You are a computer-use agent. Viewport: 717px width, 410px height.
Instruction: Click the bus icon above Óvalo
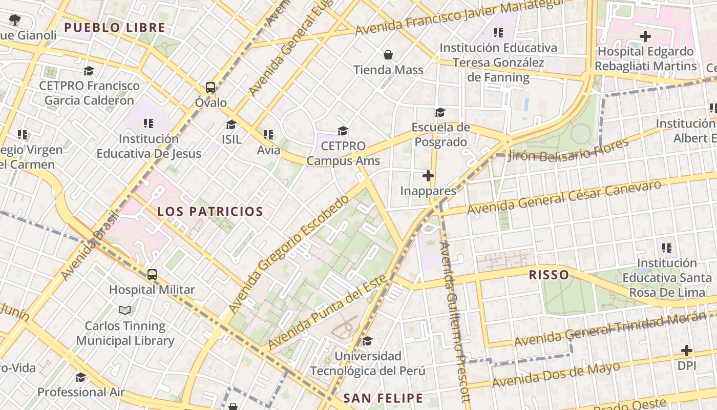[x=210, y=87]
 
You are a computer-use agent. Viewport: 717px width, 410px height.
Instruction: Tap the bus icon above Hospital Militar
[x=152, y=275]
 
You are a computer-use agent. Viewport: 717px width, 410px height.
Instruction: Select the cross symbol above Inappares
[x=428, y=176]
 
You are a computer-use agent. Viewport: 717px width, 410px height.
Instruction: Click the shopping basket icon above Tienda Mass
[x=388, y=55]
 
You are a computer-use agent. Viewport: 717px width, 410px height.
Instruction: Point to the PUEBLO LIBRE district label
[x=115, y=28]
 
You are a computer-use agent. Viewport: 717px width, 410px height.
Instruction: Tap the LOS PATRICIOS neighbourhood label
[x=210, y=211]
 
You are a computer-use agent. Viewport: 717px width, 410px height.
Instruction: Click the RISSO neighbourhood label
[x=549, y=275]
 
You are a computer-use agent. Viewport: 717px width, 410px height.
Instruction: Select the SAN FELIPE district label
[x=383, y=398]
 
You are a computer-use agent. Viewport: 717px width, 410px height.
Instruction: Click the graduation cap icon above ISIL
[x=231, y=125]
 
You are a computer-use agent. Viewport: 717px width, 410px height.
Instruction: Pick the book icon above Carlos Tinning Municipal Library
[x=125, y=311]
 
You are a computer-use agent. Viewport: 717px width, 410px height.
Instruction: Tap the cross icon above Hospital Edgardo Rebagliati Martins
[x=645, y=36]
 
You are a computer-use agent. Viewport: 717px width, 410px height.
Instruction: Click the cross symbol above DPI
[x=687, y=351]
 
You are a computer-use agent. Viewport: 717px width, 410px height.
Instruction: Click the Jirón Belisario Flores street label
[x=567, y=150]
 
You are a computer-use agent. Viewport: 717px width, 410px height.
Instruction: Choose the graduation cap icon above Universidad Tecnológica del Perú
[x=367, y=341]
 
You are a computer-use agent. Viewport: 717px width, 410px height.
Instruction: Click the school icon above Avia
[x=268, y=135]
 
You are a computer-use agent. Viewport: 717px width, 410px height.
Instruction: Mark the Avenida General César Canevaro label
[x=564, y=197]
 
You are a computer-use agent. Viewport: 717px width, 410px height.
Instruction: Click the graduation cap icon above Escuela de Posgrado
[x=440, y=113]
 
